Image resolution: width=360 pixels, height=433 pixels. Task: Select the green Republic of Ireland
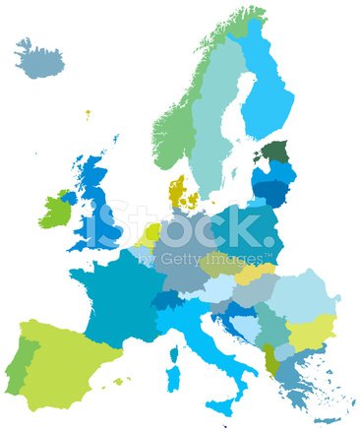[x=55, y=211]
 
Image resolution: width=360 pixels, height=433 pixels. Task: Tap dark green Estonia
[x=275, y=152]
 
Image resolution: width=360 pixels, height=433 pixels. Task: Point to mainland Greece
[x=290, y=374]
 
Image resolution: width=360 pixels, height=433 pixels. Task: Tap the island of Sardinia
[x=173, y=379]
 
